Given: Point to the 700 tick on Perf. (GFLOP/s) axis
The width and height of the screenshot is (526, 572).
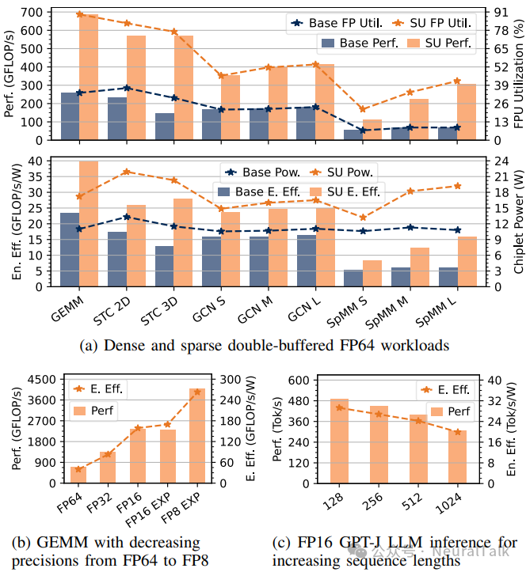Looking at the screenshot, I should click(44, 12).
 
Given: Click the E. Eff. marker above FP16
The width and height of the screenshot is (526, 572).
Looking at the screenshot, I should click(138, 428).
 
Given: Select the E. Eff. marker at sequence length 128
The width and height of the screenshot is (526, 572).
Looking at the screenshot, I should click(339, 407).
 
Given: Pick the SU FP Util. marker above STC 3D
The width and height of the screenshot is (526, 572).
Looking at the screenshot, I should click(173, 32).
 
